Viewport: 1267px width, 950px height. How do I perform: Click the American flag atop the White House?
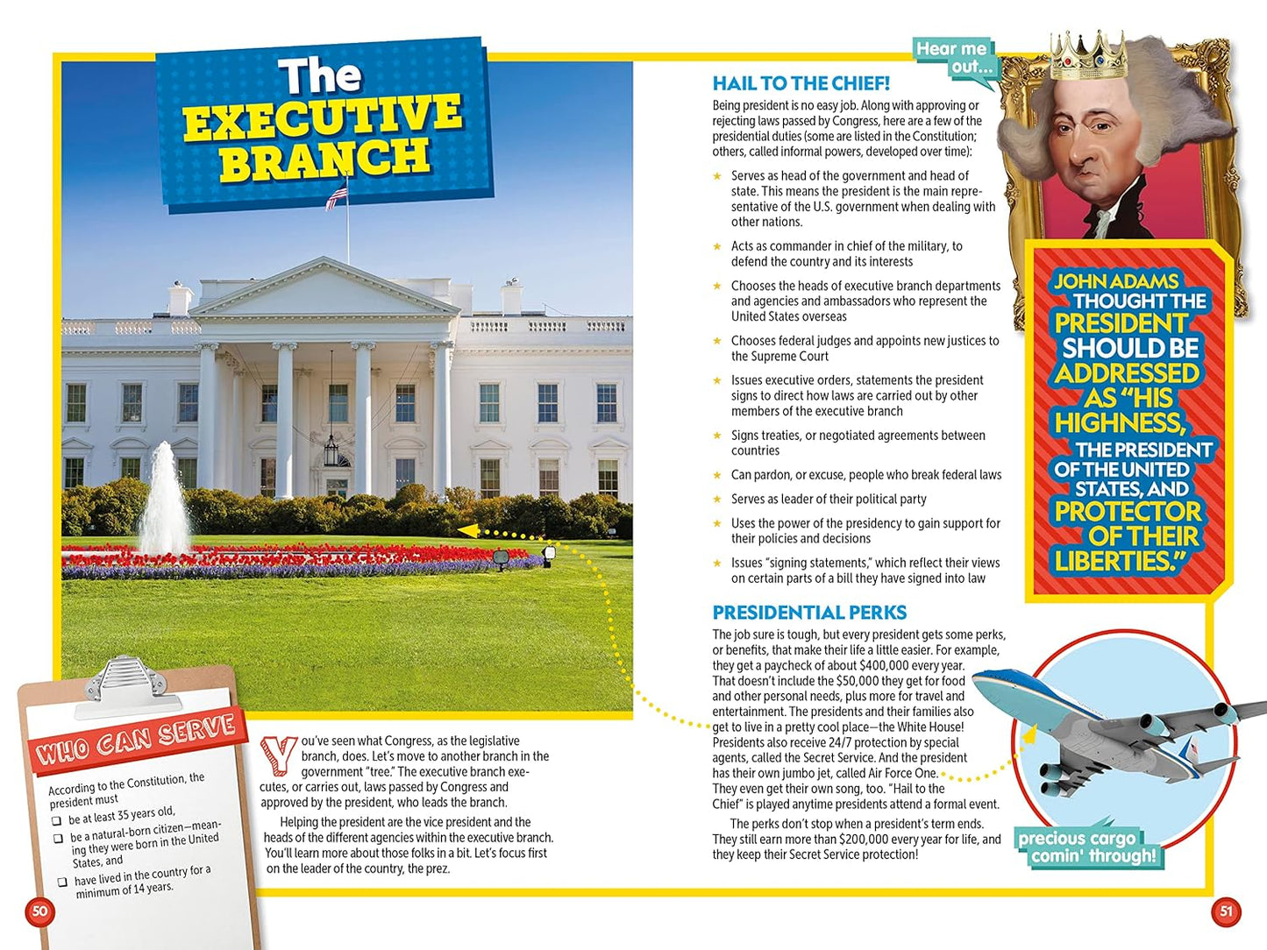[x=337, y=196]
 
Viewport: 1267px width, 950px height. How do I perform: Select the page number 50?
[x=39, y=911]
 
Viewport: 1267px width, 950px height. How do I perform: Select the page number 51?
[x=1226, y=911]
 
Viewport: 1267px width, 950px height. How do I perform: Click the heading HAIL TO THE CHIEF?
[x=801, y=83]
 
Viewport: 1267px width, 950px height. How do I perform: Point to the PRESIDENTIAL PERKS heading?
[x=808, y=613]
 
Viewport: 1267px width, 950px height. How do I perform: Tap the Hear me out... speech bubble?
[x=953, y=58]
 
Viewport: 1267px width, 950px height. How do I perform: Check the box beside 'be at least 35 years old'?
[x=57, y=821]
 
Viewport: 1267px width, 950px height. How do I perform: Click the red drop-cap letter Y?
[x=278, y=755]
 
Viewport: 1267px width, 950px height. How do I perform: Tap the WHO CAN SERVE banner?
[x=137, y=738]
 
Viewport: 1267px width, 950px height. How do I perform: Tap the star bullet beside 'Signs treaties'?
[x=717, y=436]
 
